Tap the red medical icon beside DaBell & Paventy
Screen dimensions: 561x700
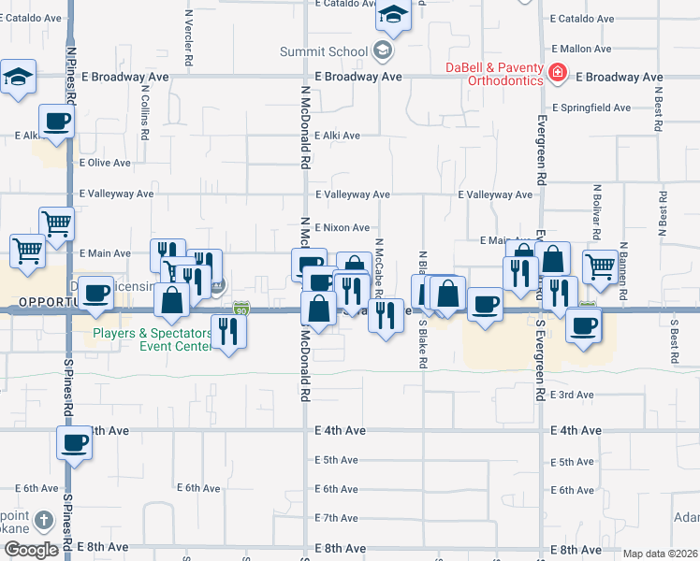tap(557, 71)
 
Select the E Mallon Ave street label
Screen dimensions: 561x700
tap(581, 49)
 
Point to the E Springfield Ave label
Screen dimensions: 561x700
tap(591, 108)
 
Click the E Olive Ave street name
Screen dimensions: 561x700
tap(105, 163)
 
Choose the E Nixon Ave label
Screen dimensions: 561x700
tap(342, 227)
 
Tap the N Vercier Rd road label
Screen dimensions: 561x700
tap(189, 37)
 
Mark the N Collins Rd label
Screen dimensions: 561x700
tap(145, 113)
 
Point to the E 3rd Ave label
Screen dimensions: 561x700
tap(572, 395)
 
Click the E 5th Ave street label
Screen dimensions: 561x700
tap(337, 460)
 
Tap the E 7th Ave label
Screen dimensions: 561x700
tap(337, 518)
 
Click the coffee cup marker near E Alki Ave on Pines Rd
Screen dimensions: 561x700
tap(57, 121)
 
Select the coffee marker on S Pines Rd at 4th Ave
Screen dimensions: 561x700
tap(74, 443)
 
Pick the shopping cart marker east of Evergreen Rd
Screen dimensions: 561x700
tap(600, 266)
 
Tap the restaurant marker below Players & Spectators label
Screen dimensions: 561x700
tap(228, 331)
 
